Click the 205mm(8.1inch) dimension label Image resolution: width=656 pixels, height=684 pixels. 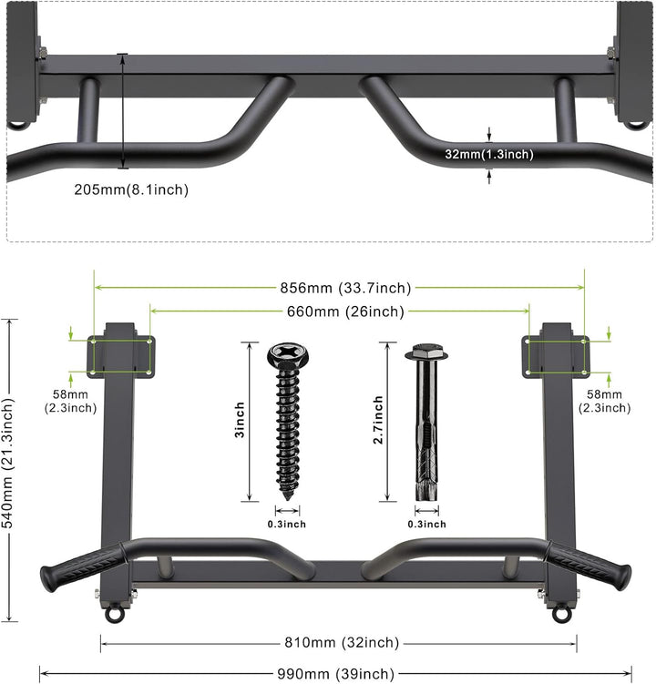131,189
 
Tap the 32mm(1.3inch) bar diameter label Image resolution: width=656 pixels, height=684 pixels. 489,155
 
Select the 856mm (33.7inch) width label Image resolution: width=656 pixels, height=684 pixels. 345,288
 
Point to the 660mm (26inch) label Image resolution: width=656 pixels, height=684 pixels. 345,311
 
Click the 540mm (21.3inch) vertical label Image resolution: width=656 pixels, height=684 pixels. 8,463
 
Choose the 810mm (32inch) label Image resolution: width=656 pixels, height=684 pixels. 342,642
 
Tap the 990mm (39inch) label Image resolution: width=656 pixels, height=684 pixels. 336,674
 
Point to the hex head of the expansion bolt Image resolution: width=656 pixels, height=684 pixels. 426,352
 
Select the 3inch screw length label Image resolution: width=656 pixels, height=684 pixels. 240,420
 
